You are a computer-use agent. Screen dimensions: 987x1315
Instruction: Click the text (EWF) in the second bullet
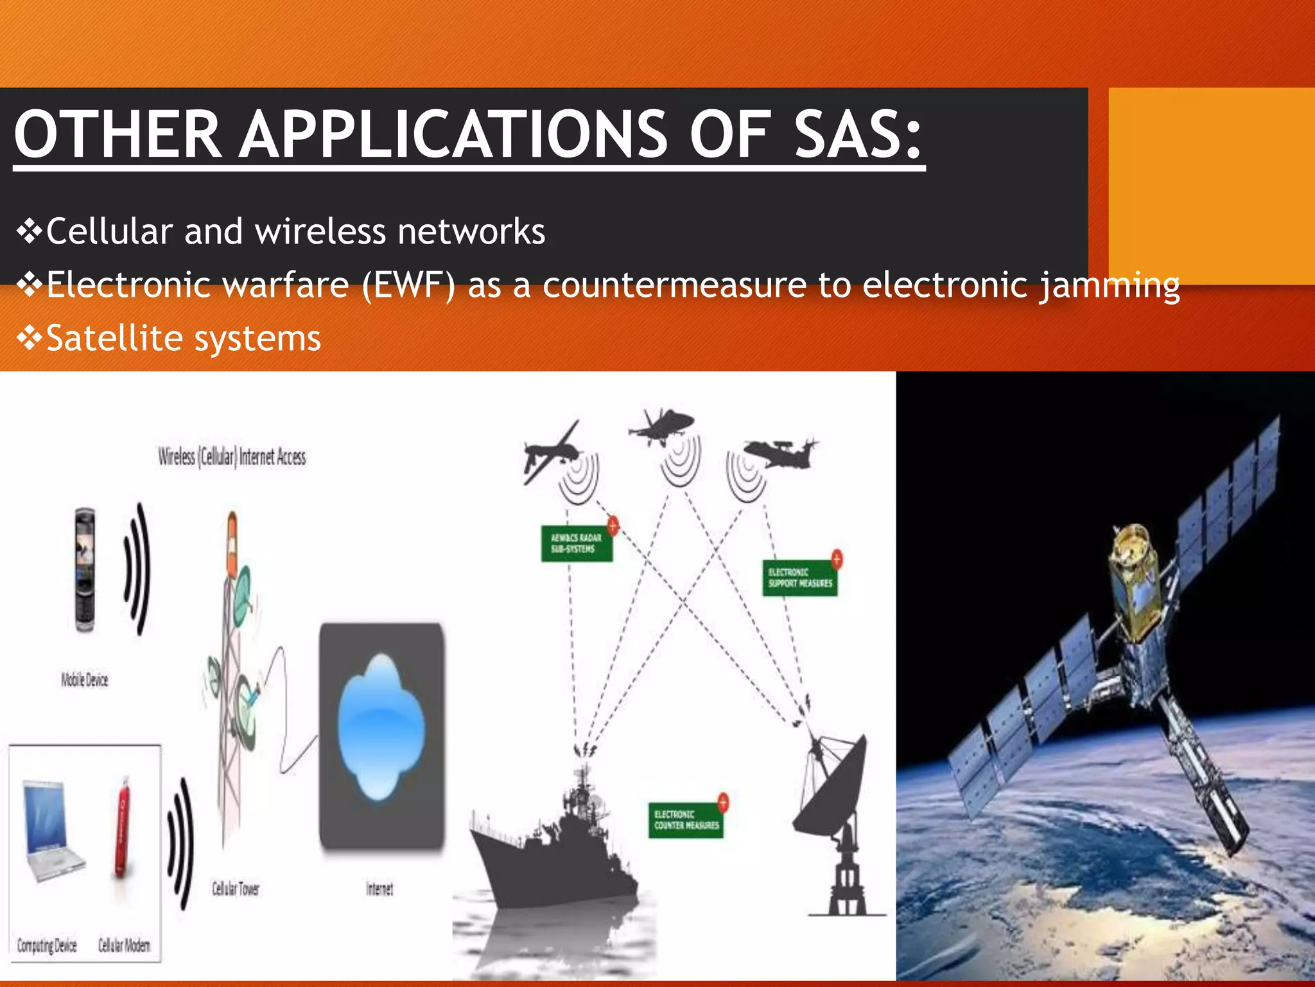[408, 285]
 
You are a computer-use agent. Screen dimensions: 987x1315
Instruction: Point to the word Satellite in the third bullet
[113, 338]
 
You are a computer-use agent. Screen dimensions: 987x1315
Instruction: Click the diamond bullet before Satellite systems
[29, 338]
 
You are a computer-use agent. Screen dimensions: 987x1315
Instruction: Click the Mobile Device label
[85, 680]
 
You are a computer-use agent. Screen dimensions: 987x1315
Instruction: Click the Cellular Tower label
[236, 889]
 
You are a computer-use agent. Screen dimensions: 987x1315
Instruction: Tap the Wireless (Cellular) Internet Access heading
[232, 457]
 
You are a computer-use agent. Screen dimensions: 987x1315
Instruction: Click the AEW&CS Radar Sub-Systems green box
[576, 544]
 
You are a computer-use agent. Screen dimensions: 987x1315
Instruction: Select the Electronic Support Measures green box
[799, 578]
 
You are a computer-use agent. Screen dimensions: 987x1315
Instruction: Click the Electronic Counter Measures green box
[686, 820]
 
